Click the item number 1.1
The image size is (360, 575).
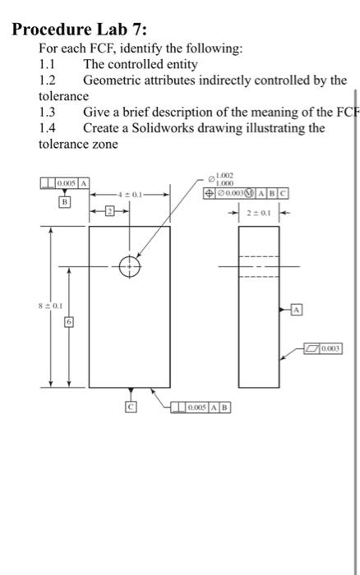[48, 63]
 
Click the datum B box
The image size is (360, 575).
[63, 200]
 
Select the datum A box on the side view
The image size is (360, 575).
[298, 309]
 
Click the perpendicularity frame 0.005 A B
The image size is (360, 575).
[202, 407]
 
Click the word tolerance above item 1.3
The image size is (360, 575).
[63, 96]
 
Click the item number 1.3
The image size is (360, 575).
[48, 113]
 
